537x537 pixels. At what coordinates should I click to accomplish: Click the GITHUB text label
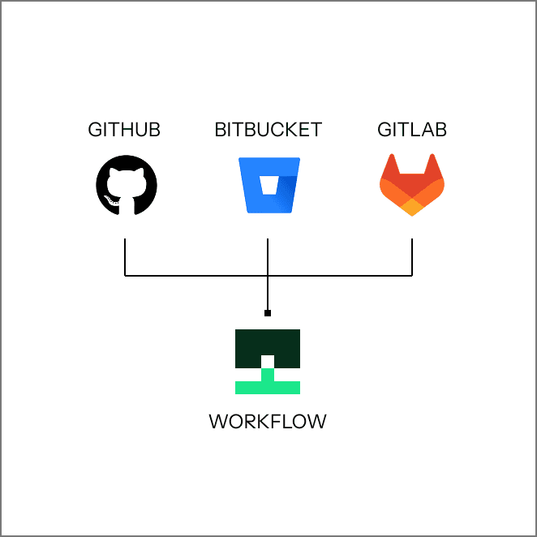(x=124, y=130)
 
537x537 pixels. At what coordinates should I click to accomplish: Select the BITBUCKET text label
(x=268, y=130)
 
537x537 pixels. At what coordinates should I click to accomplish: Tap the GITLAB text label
(x=412, y=130)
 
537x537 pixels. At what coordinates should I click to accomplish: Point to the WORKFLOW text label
(x=268, y=422)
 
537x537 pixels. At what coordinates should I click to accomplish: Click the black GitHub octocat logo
(x=124, y=186)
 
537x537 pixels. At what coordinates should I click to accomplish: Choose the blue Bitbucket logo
(x=268, y=186)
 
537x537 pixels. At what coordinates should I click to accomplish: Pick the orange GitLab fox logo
(x=412, y=186)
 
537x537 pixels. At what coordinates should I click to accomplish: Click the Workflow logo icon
(x=268, y=361)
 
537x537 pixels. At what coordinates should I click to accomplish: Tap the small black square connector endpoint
(x=268, y=313)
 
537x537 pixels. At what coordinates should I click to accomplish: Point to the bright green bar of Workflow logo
(x=268, y=387)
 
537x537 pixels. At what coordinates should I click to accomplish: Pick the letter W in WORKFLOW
(x=218, y=422)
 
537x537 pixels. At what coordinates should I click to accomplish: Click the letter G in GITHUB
(x=94, y=130)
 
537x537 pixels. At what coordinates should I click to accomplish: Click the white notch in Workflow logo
(x=268, y=361)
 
